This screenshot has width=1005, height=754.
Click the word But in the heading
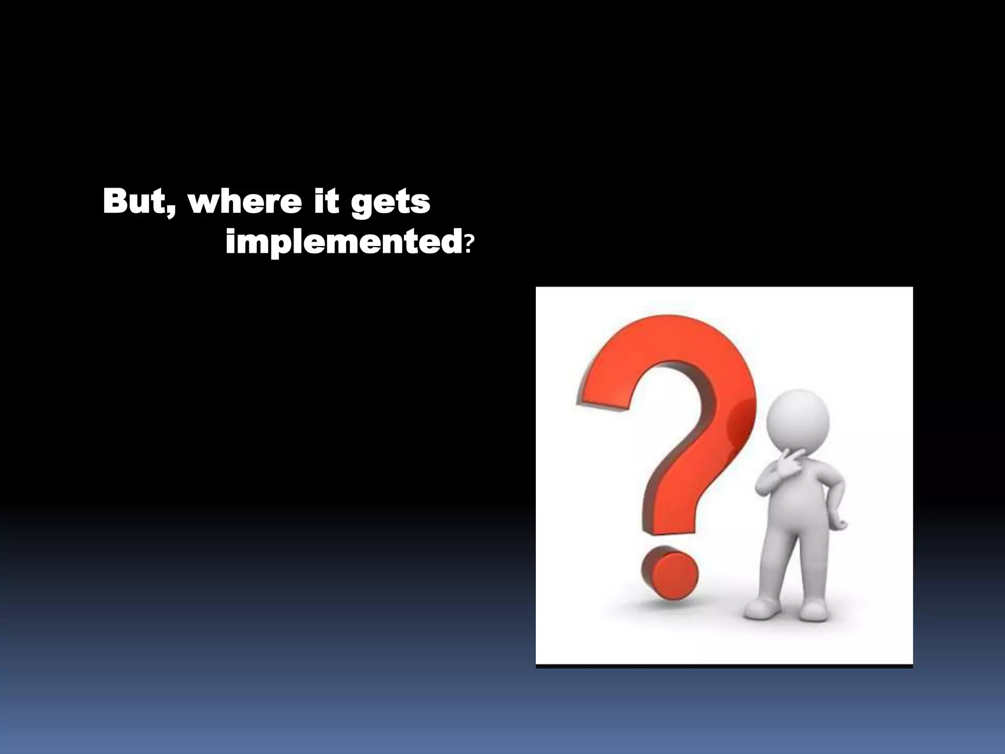point(135,201)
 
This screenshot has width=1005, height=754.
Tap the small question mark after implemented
point(470,243)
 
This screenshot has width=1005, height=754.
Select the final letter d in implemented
point(450,242)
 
